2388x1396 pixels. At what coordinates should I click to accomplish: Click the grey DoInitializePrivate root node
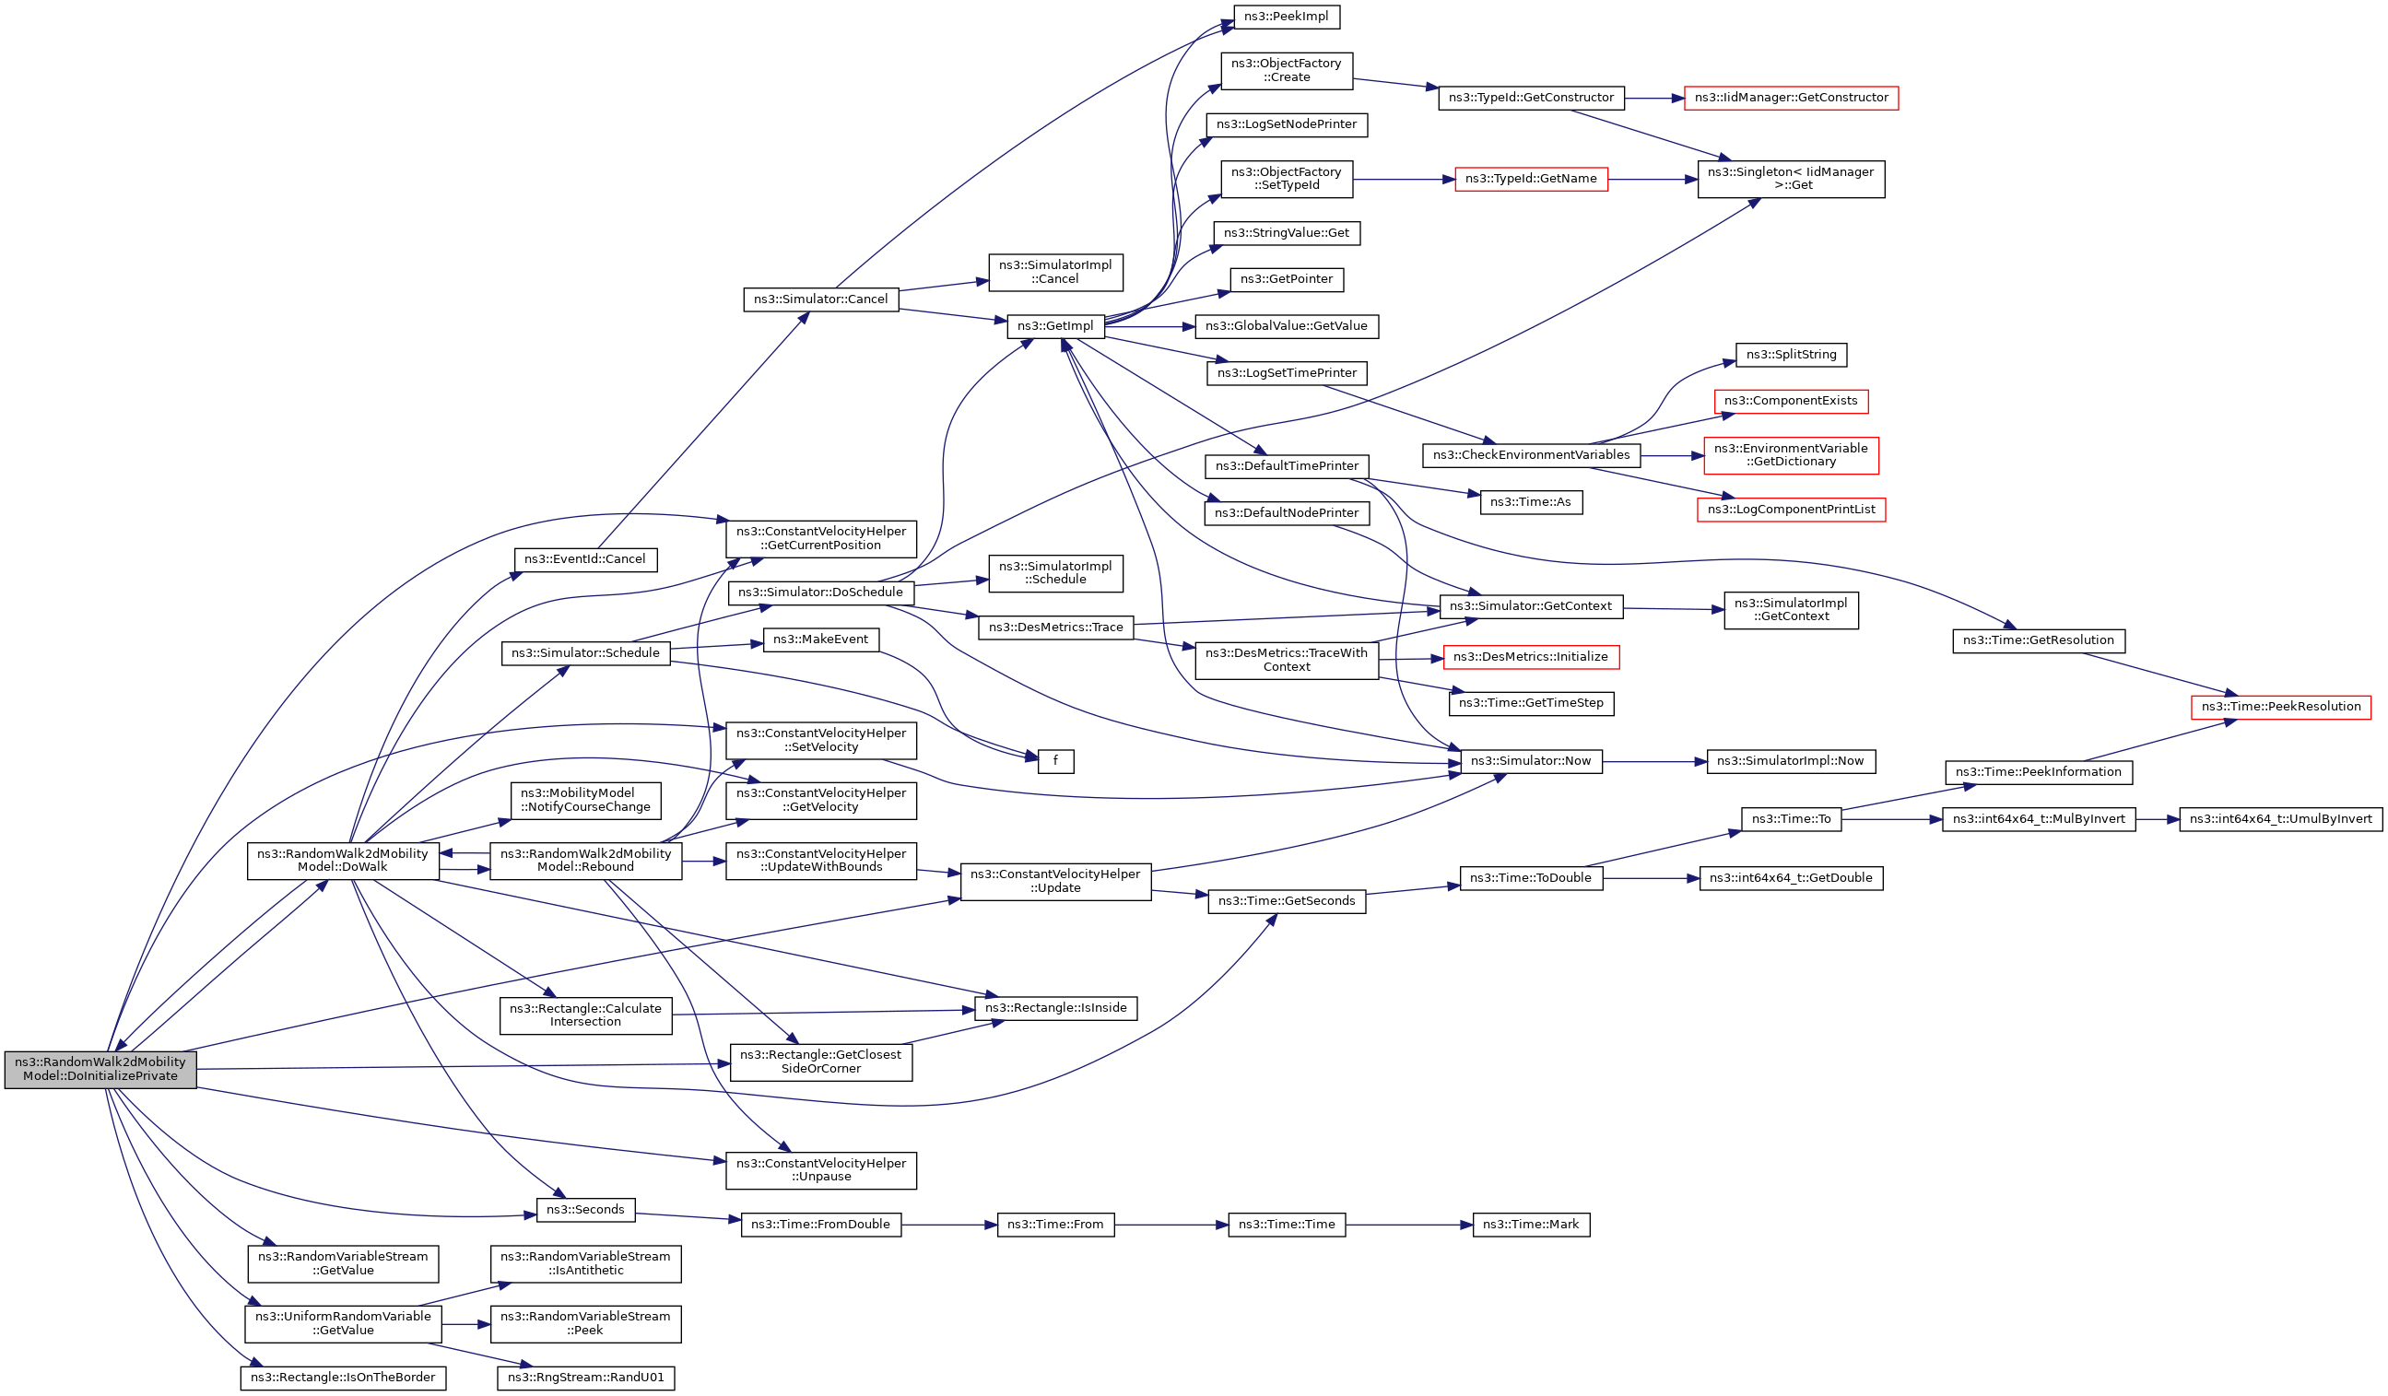(x=100, y=1069)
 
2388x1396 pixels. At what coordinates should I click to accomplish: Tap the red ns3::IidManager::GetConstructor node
(x=1790, y=98)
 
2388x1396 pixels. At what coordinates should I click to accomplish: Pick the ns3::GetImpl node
(x=1054, y=326)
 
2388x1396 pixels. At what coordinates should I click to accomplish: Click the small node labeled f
(x=1054, y=761)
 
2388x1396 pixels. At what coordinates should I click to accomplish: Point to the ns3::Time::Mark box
(x=1531, y=1225)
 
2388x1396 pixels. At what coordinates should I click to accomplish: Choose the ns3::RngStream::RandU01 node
(x=585, y=1377)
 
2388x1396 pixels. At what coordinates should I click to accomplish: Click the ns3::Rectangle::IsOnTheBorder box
(x=343, y=1377)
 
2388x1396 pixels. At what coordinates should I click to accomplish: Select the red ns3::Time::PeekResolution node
(x=2280, y=707)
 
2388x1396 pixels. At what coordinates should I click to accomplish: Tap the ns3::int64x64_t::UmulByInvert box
(x=2280, y=820)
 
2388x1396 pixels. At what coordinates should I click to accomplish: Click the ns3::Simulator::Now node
(x=1531, y=761)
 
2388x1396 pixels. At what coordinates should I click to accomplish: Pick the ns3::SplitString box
(x=1790, y=355)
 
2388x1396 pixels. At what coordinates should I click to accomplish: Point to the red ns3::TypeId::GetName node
(x=1531, y=179)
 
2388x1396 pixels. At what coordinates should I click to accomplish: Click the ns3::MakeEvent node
(x=820, y=639)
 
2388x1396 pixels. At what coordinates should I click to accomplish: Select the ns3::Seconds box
(x=585, y=1209)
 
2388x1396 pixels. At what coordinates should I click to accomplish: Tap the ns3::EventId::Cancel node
(x=584, y=559)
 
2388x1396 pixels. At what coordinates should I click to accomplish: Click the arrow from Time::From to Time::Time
(x=1170, y=1225)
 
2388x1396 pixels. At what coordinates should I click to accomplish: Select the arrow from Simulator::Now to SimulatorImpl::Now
(x=1653, y=761)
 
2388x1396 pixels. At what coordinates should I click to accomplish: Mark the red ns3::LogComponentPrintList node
(x=1790, y=510)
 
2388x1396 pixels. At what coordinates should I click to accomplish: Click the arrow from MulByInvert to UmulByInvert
(x=2157, y=820)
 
